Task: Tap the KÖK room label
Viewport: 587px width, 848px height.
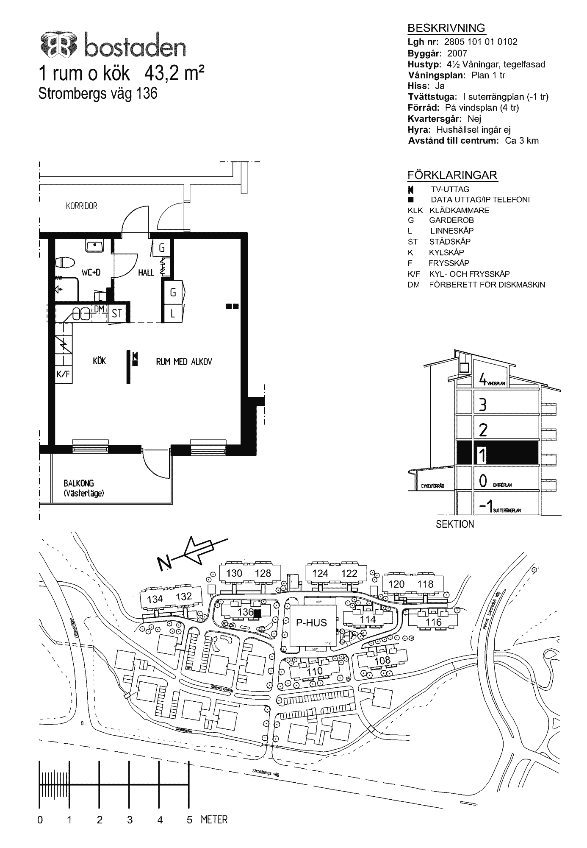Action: tap(100, 361)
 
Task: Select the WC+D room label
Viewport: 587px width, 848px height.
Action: tap(91, 272)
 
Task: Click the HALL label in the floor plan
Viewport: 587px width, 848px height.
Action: tap(146, 273)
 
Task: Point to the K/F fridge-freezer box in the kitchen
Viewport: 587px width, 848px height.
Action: tap(63, 374)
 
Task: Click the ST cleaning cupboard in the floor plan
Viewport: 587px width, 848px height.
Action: tap(117, 313)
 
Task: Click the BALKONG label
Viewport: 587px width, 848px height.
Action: tap(79, 483)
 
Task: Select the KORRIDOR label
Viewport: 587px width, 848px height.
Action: tap(82, 206)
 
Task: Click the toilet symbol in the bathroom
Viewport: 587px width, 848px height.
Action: tap(66, 262)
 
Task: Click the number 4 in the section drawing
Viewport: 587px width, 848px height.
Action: tap(482, 379)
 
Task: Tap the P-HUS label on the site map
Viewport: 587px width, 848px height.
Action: tap(311, 623)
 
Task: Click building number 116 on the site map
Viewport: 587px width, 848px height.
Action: tap(433, 622)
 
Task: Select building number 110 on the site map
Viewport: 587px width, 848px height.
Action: tap(315, 671)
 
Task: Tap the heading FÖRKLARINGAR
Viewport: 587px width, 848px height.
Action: tap(452, 175)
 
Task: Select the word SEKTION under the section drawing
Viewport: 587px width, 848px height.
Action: tap(455, 524)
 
